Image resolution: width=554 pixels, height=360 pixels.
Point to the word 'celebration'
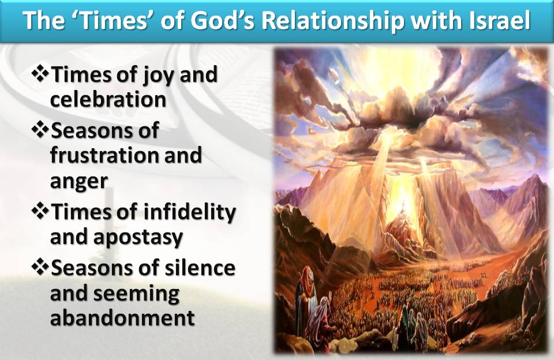pyautogui.click(x=108, y=99)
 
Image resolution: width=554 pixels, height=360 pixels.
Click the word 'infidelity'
pyautogui.click(x=189, y=212)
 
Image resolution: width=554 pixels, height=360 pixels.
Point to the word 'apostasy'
pyautogui.click(x=138, y=238)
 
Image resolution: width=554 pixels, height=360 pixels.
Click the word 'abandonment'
pyautogui.click(x=122, y=318)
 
